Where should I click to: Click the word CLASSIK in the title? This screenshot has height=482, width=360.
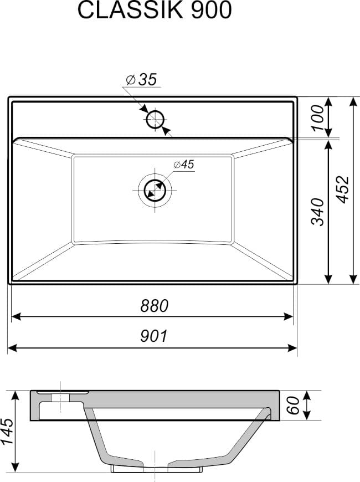tap(130, 10)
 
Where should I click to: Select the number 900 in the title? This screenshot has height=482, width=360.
tap(211, 10)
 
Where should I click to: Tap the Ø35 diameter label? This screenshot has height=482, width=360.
tap(142, 80)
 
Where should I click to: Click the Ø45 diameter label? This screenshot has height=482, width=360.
tap(184, 165)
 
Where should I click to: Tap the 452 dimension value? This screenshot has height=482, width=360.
tap(343, 189)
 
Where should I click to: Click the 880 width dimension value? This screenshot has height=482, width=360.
tap(155, 306)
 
